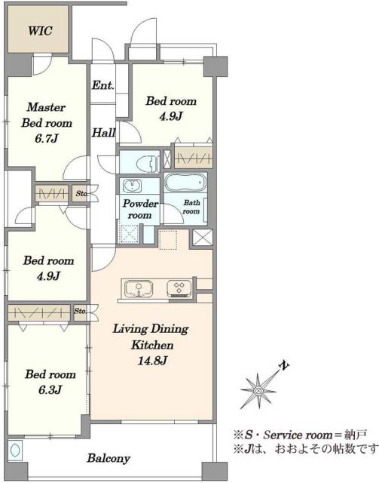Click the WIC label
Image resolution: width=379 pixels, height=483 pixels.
pyautogui.click(x=40, y=31)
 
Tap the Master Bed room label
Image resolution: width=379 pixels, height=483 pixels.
pyautogui.click(x=47, y=115)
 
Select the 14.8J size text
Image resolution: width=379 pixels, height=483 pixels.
pyautogui.click(x=152, y=360)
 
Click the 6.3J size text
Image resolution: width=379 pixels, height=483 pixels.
pyautogui.click(x=50, y=390)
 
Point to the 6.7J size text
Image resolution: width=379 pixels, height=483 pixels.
pyautogui.click(x=47, y=139)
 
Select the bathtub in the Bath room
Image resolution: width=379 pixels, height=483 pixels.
pyautogui.click(x=185, y=183)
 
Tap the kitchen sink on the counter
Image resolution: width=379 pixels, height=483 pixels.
pyautogui.click(x=139, y=288)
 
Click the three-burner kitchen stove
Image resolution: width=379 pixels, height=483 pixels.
pyautogui.click(x=179, y=288)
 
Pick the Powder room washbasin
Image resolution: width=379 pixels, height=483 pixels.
pyautogui.click(x=133, y=186)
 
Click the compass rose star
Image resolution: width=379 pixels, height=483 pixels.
pyautogui.click(x=258, y=391)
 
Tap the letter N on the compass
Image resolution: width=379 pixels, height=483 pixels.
pyautogui.click(x=285, y=365)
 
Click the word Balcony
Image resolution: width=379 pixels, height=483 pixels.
pyautogui.click(x=109, y=458)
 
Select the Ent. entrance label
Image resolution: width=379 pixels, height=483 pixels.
pyautogui.click(x=103, y=85)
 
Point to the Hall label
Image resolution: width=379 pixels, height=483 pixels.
pyautogui.click(x=104, y=133)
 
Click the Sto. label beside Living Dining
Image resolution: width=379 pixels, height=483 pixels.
pyautogui.click(x=81, y=311)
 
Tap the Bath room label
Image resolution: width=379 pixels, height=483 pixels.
pyautogui.click(x=191, y=207)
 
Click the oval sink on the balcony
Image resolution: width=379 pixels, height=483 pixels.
pyautogui.click(x=15, y=450)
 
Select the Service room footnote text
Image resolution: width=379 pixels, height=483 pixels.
pyautogui.click(x=300, y=435)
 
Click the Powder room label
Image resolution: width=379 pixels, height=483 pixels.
pyautogui.click(x=140, y=209)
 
